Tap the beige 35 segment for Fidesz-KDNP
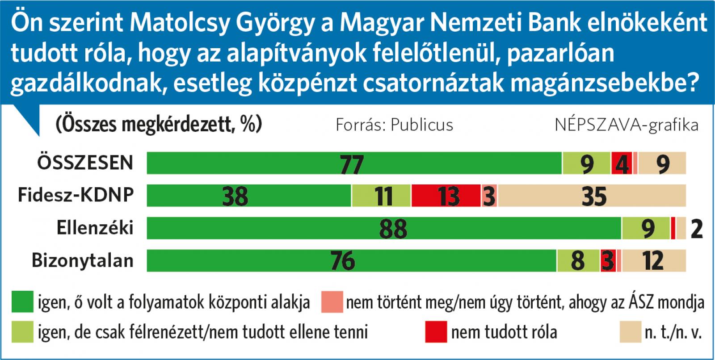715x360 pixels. coord(592,196)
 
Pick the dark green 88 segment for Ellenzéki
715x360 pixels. coord(384,228)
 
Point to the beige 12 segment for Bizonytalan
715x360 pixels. coord(653,260)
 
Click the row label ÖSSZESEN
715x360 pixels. coord(85,163)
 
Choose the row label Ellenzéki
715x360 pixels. coord(95,228)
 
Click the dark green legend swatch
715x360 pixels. coord(22,302)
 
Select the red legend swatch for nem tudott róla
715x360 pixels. coord(436,332)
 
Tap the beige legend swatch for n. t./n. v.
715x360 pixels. coord(630,332)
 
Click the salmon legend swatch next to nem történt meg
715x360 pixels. coord(332,302)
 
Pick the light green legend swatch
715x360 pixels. coord(22,332)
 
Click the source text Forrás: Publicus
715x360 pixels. coord(394,125)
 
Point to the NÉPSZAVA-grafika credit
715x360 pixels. coord(627,125)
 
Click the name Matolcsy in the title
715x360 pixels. coord(179,23)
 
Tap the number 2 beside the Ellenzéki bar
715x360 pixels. coord(697,229)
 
